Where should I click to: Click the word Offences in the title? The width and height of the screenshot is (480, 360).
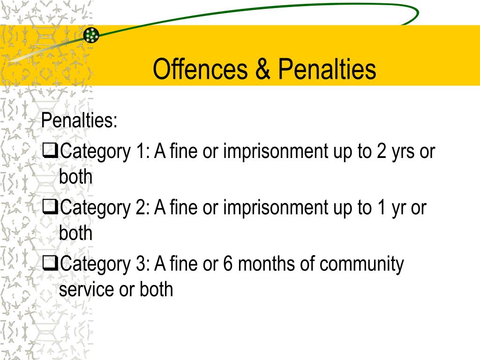[200, 69]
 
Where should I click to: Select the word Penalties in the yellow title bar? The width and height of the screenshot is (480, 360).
[327, 69]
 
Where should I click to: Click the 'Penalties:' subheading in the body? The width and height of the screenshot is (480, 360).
[79, 121]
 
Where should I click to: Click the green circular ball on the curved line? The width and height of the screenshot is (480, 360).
[91, 35]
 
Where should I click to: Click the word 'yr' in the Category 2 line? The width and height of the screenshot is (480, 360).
[397, 208]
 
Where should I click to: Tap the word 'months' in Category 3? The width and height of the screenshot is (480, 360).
[266, 264]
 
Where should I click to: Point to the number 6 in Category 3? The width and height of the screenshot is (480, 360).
[228, 264]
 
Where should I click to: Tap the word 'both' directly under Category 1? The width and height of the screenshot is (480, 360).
[76, 177]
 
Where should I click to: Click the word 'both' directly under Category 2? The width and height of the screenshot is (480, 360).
[76, 233]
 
